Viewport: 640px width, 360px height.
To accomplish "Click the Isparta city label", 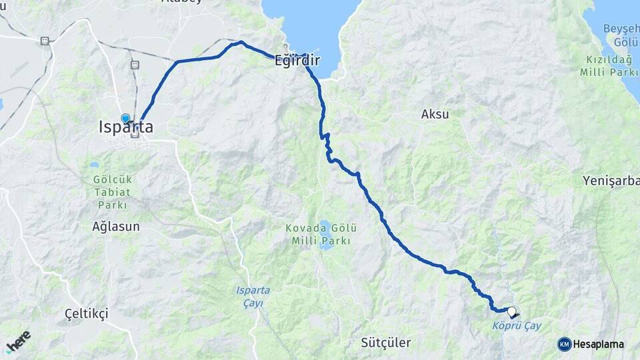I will click(x=125, y=127).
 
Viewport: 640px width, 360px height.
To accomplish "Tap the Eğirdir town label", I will click(x=297, y=61).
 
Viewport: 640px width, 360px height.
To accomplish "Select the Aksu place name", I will click(x=435, y=114).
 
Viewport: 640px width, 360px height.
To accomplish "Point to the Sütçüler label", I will click(x=385, y=343).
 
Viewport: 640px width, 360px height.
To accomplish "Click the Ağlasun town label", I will click(x=116, y=227).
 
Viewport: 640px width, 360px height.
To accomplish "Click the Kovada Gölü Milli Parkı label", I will click(x=318, y=234).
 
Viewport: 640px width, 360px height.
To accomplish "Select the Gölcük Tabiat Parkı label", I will click(x=103, y=192).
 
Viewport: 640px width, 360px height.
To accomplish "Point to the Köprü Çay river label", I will click(x=516, y=326).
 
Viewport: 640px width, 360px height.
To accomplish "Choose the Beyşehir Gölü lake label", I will click(x=620, y=35).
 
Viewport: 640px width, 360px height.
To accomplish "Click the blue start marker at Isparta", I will click(x=125, y=118).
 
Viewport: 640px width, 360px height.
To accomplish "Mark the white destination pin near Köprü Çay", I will click(x=512, y=311).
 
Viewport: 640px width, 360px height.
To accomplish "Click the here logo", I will click(x=19, y=341).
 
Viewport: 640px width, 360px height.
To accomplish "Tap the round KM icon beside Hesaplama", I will click(x=564, y=344).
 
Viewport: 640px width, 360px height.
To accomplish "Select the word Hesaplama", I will click(x=598, y=345).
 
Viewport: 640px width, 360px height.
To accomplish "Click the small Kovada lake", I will click(x=325, y=244).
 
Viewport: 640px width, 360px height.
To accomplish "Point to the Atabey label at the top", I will click(x=181, y=2).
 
